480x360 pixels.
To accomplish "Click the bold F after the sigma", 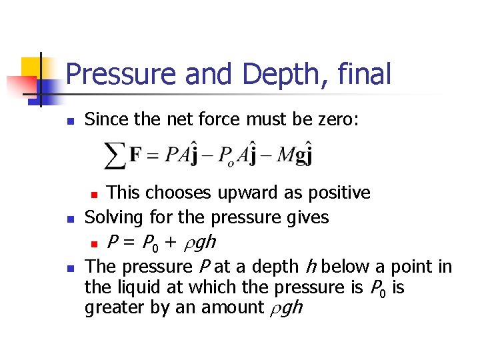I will tap(135, 156).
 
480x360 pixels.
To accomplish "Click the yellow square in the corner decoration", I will tap(32, 67).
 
